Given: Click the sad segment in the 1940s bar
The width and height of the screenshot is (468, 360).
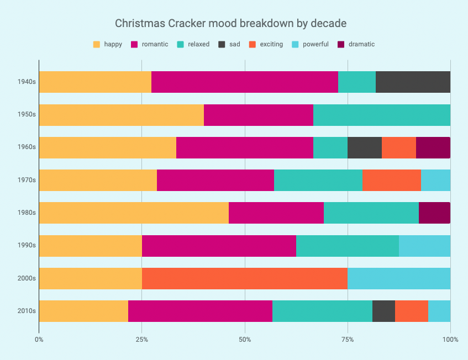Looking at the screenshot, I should pyautogui.click(x=413, y=82).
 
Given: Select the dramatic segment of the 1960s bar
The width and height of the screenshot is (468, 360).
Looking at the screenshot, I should pyautogui.click(x=433, y=147).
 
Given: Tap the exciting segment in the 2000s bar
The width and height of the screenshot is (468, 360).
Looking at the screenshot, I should pyautogui.click(x=245, y=278).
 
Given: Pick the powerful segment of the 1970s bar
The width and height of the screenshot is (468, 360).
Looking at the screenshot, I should pyautogui.click(x=435, y=180).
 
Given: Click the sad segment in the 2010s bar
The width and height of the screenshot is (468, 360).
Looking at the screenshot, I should pyautogui.click(x=383, y=311).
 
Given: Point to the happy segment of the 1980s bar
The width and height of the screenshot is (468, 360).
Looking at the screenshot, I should pyautogui.click(x=134, y=213).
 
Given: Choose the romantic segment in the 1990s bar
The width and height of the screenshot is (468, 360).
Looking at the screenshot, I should pyautogui.click(x=219, y=246).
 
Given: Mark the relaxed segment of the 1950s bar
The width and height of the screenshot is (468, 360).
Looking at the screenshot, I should pyautogui.click(x=382, y=115).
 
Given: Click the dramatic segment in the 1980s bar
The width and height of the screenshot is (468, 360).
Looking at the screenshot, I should pyautogui.click(x=434, y=213).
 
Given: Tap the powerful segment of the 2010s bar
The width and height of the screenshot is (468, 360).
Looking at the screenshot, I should pyautogui.click(x=439, y=311).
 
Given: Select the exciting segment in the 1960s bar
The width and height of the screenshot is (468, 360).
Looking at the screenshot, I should pyautogui.click(x=399, y=147).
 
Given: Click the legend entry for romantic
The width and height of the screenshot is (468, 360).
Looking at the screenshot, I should pyautogui.click(x=150, y=44).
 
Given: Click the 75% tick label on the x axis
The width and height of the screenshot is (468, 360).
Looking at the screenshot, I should pyautogui.click(x=348, y=339).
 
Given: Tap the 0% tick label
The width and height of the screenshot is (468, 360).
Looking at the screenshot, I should pyautogui.click(x=39, y=339).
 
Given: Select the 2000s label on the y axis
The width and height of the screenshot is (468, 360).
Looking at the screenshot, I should pyautogui.click(x=27, y=278).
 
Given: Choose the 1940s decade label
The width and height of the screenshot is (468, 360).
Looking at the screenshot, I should pyautogui.click(x=27, y=82).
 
